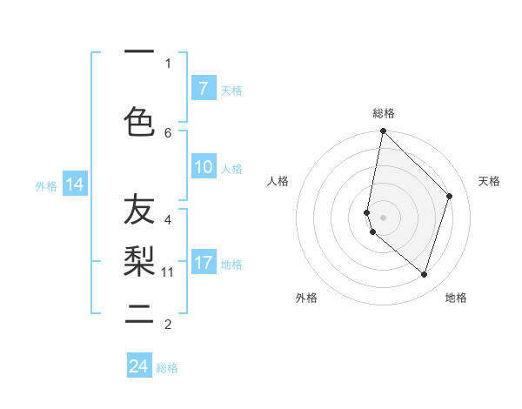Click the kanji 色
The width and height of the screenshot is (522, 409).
[x=139, y=121]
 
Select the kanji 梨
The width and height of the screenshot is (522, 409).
[x=139, y=258]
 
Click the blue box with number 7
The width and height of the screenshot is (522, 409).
[x=203, y=88]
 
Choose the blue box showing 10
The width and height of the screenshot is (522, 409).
[x=203, y=167]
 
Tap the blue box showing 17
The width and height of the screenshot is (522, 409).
[x=203, y=263]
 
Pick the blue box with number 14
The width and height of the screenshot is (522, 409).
[x=74, y=184]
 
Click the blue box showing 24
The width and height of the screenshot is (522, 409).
[x=139, y=366]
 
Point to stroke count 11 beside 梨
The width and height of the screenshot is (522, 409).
[x=168, y=272]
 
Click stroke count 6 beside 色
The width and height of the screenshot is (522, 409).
[x=168, y=132]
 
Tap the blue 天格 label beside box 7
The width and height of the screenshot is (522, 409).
[x=231, y=90]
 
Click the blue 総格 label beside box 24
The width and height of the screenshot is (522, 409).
[x=167, y=368]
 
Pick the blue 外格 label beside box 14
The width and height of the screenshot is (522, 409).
[x=46, y=185]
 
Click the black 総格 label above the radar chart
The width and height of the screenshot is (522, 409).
[x=384, y=113]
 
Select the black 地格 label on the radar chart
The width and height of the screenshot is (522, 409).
[x=456, y=298]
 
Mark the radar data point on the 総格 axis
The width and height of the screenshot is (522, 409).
[x=383, y=131]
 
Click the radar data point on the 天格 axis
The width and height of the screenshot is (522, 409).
[x=449, y=196]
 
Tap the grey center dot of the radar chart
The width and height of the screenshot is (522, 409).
[x=383, y=217]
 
